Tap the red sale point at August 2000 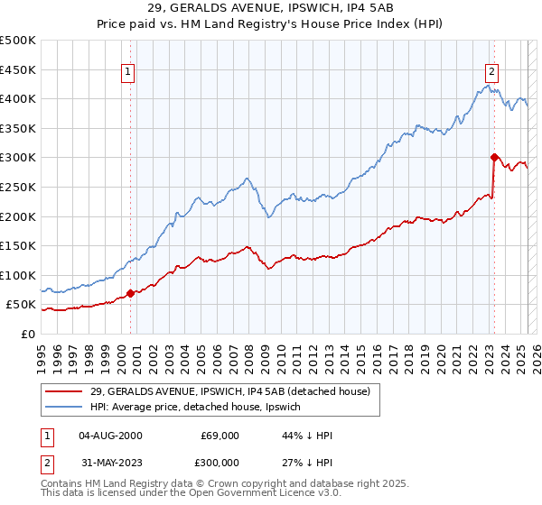click(x=130, y=292)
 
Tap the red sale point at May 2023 click(x=494, y=157)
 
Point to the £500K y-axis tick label click(x=18, y=41)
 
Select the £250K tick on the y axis click(x=18, y=187)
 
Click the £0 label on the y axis click(x=27, y=334)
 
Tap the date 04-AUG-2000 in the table click(x=110, y=436)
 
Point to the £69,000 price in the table click(x=220, y=436)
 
